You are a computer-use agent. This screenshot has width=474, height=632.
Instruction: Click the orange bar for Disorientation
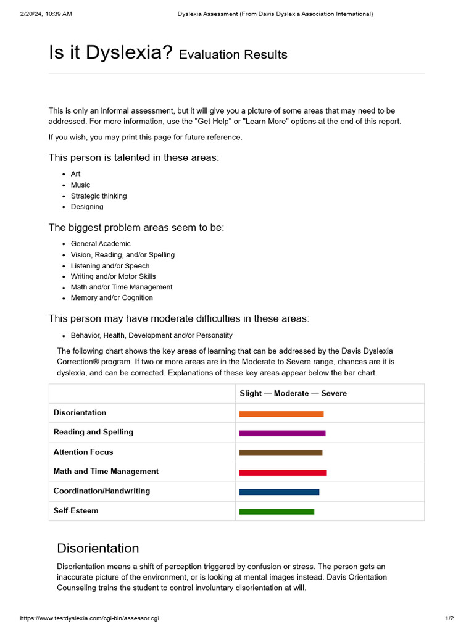[x=281, y=414]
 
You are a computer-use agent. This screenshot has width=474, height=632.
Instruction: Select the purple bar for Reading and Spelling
[x=282, y=433]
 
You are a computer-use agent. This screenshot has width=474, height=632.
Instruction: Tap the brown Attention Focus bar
[x=280, y=453]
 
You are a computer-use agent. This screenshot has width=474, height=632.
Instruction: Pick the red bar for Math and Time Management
[x=283, y=473]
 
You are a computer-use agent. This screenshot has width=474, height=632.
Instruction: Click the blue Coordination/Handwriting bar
[x=279, y=492]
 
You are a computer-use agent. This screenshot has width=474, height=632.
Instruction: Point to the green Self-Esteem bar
[x=276, y=512]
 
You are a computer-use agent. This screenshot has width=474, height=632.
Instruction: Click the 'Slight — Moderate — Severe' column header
[x=293, y=393]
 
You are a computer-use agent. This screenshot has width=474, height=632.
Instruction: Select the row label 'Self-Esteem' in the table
[x=76, y=511]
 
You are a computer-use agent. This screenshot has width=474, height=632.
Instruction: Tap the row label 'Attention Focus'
[x=83, y=452]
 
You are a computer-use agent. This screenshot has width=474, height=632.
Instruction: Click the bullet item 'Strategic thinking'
[x=99, y=196]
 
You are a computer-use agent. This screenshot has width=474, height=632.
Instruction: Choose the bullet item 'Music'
[x=80, y=185]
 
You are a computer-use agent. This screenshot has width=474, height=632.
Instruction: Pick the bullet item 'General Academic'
[x=101, y=244]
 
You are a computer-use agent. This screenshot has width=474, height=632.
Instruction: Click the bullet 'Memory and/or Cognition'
[x=112, y=297]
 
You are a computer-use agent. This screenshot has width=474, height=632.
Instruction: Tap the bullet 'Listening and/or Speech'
[x=110, y=265]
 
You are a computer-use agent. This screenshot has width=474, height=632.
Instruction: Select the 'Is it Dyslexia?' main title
[x=110, y=52]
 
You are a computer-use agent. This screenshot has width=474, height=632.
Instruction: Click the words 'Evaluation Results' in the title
[x=233, y=54]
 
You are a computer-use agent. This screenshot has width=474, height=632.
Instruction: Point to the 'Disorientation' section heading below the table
[x=98, y=548]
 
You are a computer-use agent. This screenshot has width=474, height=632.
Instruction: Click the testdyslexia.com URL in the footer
[x=89, y=618]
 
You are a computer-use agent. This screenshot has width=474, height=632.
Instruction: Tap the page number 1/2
[x=449, y=618]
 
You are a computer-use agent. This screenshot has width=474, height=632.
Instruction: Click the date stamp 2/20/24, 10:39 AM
[x=46, y=14]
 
